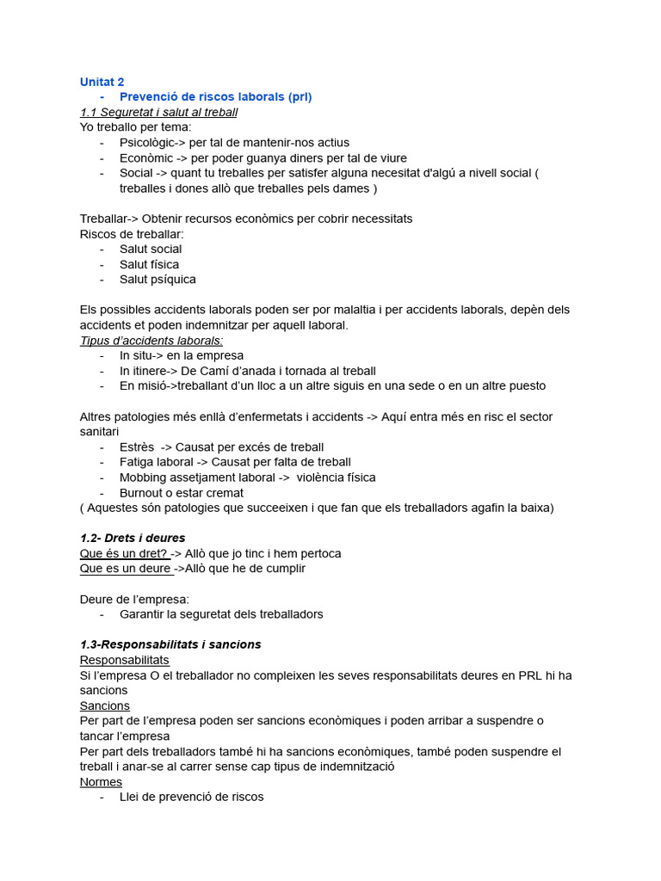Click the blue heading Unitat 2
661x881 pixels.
pyautogui.click(x=102, y=82)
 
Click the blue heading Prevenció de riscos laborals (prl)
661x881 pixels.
pyautogui.click(x=215, y=96)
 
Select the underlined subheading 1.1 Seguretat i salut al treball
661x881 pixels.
pyautogui.click(x=158, y=112)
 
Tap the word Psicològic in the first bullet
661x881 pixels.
pyautogui.click(x=147, y=143)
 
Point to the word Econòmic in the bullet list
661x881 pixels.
pyautogui.click(x=145, y=158)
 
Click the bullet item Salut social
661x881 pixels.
pyautogui.click(x=151, y=249)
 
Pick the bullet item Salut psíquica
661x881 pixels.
pyautogui.click(x=158, y=279)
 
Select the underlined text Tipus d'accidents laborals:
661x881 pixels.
pyautogui.click(x=151, y=341)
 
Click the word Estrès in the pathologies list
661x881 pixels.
pyautogui.click(x=137, y=447)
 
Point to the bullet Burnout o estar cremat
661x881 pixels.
pyautogui.click(x=181, y=493)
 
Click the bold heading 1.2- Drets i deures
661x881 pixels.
pyautogui.click(x=133, y=538)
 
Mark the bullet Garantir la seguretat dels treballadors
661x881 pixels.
pyautogui.click(x=221, y=614)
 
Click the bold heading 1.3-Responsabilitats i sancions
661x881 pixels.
pyautogui.click(x=170, y=644)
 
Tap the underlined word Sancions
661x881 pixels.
pyautogui.click(x=104, y=705)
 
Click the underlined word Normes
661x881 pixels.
pyautogui.click(x=101, y=782)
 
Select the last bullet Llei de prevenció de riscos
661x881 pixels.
pyautogui.click(x=191, y=797)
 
